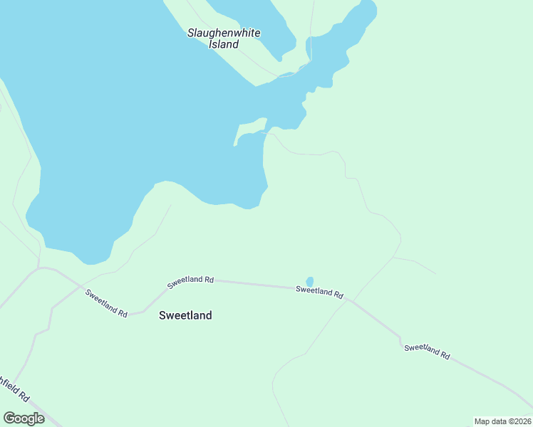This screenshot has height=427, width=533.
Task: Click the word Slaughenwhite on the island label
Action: click(223, 33)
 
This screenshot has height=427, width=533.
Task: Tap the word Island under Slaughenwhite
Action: click(223, 44)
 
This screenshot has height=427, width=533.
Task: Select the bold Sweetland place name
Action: click(185, 315)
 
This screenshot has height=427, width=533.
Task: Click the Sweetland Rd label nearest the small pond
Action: click(319, 290)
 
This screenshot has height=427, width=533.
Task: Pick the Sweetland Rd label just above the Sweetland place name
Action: click(191, 281)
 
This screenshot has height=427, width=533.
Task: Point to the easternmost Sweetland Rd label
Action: click(427, 351)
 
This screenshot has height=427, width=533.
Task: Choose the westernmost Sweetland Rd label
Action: click(106, 302)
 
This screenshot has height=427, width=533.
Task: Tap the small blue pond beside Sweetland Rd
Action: click(309, 282)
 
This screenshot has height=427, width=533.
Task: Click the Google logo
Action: click(24, 418)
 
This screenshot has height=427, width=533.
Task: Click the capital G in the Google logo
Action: click(9, 418)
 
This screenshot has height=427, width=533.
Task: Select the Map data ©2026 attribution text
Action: click(502, 421)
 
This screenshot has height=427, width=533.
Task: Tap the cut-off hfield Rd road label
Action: click(14, 389)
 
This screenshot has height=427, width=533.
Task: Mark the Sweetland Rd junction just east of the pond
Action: click(348, 300)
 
